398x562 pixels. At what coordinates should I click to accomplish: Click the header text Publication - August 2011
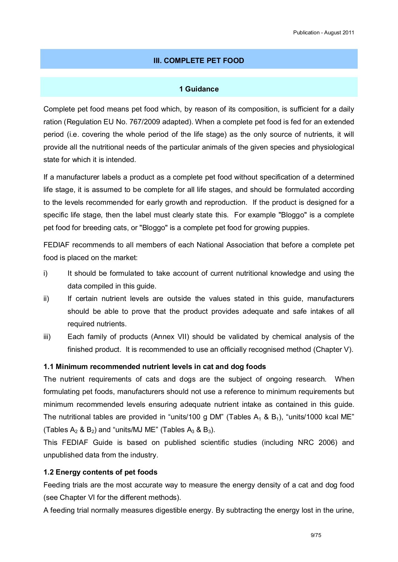323,32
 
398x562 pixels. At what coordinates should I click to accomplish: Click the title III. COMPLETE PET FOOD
199,61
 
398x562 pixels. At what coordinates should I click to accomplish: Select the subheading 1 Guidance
199,89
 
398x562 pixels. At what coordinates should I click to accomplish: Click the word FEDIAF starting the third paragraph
56,245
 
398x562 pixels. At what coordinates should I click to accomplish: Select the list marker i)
46,274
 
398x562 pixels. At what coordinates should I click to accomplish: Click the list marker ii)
46,299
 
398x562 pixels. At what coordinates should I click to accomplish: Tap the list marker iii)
47,337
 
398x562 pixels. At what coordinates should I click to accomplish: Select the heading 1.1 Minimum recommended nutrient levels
154,367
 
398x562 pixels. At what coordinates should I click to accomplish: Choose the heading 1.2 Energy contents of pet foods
100,472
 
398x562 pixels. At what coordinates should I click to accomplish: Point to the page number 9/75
316,535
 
